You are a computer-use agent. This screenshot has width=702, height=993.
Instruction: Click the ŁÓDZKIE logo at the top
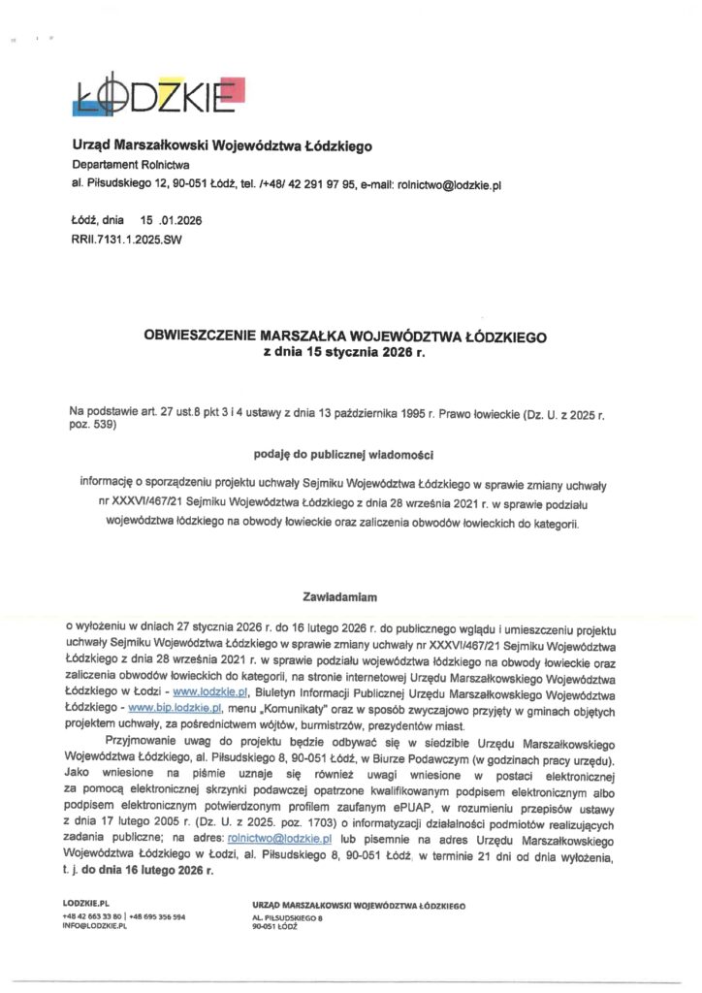161,93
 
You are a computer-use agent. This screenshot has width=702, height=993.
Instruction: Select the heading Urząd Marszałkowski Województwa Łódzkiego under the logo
222,145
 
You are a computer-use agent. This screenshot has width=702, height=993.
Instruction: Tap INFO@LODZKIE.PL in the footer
94,926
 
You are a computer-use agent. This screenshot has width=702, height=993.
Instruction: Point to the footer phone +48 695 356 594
157,915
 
